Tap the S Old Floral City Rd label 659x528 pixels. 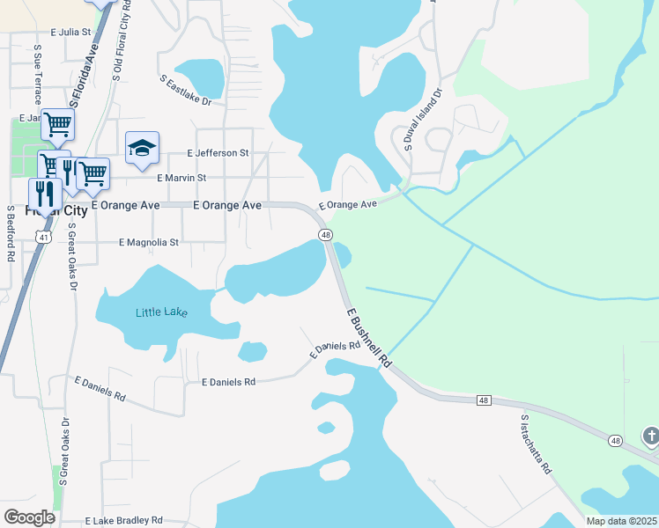point(122,41)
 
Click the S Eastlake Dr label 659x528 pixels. point(186,91)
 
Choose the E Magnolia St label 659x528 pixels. point(149,242)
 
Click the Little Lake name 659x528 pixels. point(161,312)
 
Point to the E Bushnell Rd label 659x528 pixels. point(368,338)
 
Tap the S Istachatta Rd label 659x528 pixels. point(536,444)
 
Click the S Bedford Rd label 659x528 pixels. point(11,233)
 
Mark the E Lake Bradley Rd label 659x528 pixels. point(124,521)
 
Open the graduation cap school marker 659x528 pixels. point(142,149)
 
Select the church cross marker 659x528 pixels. point(650,436)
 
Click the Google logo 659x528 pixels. point(29,517)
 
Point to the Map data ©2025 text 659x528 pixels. point(620,521)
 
